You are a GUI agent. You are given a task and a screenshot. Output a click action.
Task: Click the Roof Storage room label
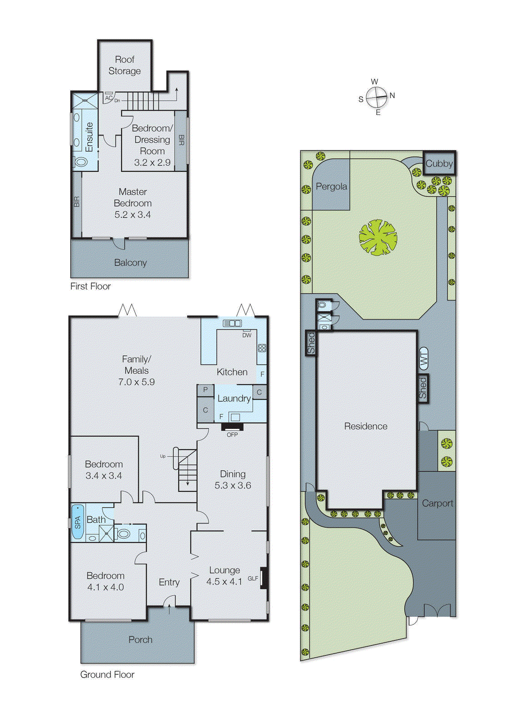click(x=125, y=65)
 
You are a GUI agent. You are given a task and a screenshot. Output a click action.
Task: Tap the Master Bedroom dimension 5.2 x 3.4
click(x=132, y=215)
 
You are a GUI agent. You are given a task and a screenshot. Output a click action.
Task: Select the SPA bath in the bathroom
click(x=77, y=522)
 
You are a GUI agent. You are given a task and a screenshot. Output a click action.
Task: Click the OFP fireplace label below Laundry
click(x=232, y=435)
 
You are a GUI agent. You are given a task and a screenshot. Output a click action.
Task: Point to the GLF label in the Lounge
click(x=253, y=578)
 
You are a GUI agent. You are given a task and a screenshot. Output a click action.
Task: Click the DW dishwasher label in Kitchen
click(x=247, y=335)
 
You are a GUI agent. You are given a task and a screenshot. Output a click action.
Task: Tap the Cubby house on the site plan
click(x=439, y=164)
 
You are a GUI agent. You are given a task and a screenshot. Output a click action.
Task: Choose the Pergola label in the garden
click(x=331, y=186)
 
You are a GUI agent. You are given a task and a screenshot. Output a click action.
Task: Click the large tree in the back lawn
click(x=378, y=237)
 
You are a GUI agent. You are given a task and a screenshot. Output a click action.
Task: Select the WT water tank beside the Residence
click(x=423, y=359)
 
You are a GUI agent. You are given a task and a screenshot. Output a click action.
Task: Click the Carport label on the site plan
click(x=437, y=503)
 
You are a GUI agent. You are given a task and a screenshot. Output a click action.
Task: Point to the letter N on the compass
click(x=392, y=95)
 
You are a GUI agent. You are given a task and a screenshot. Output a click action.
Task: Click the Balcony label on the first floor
click(x=130, y=263)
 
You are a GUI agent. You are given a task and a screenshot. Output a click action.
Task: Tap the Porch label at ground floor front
click(x=140, y=640)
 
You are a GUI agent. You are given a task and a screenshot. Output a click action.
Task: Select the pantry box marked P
click(x=205, y=390)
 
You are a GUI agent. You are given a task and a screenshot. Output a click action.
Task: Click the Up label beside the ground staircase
click(x=163, y=456)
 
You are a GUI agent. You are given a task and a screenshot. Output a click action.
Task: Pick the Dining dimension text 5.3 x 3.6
click(x=233, y=486)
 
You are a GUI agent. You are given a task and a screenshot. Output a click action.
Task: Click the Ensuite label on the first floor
click(x=89, y=137)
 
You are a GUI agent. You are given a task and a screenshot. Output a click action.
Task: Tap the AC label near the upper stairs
click(x=108, y=98)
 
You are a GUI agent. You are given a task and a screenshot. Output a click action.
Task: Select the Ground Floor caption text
click(x=107, y=675)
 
